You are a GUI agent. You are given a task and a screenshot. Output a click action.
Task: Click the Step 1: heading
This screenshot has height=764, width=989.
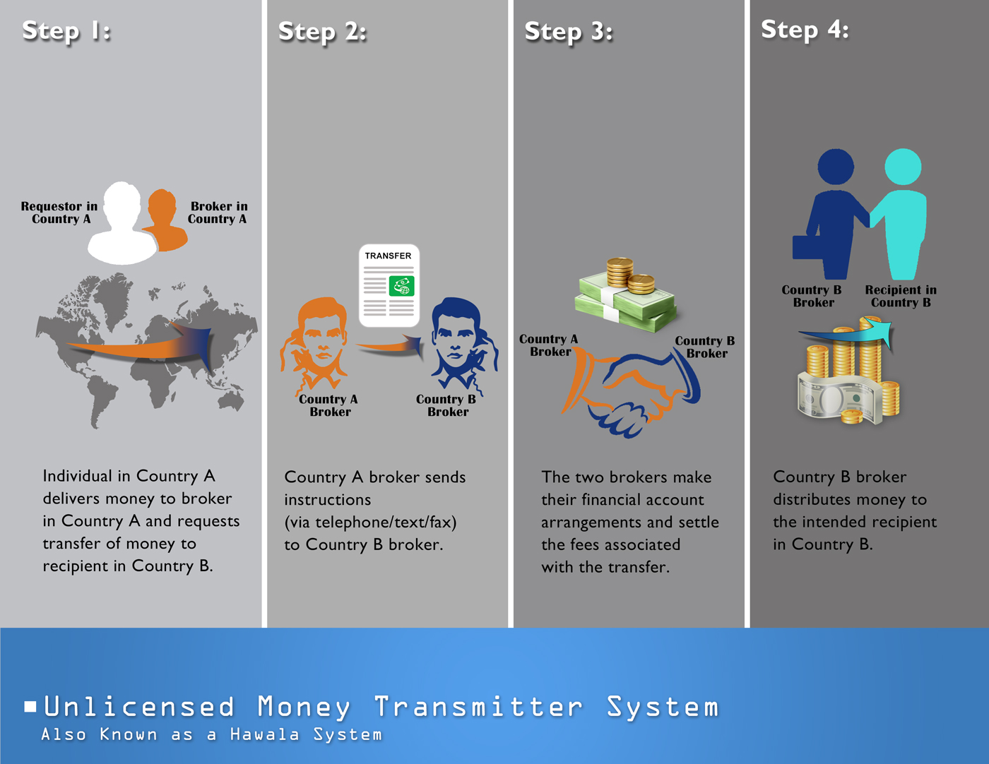[x=66, y=32]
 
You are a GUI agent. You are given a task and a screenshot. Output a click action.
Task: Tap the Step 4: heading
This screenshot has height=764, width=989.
[x=805, y=30]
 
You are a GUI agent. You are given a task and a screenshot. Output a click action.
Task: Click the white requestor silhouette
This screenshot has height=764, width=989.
[x=122, y=223]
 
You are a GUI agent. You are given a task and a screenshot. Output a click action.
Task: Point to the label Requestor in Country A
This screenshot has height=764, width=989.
[x=59, y=213]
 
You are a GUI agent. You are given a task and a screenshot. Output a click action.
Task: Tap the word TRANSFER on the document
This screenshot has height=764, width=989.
[x=388, y=256]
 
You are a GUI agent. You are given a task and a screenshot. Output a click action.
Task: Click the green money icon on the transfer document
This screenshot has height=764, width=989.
[x=401, y=286]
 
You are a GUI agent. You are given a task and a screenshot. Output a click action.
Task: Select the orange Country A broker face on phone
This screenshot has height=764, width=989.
[x=314, y=343]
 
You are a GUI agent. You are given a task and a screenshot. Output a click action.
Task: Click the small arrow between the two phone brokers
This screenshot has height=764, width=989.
[x=390, y=346]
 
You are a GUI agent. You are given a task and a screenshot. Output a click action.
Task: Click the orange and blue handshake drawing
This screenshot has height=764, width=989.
[x=630, y=392]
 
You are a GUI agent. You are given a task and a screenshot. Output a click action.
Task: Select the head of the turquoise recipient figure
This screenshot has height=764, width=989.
[x=903, y=167]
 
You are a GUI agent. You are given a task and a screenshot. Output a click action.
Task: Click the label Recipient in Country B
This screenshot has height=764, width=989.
[x=901, y=296]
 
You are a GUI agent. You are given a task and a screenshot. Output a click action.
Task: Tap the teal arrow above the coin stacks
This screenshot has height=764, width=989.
[x=846, y=334]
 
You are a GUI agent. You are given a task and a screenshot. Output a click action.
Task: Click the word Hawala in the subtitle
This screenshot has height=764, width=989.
[x=264, y=734]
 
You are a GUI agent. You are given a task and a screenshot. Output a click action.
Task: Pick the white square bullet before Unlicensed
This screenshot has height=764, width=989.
[x=30, y=706]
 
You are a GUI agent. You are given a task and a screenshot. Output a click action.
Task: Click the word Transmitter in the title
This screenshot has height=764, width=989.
[x=478, y=707]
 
